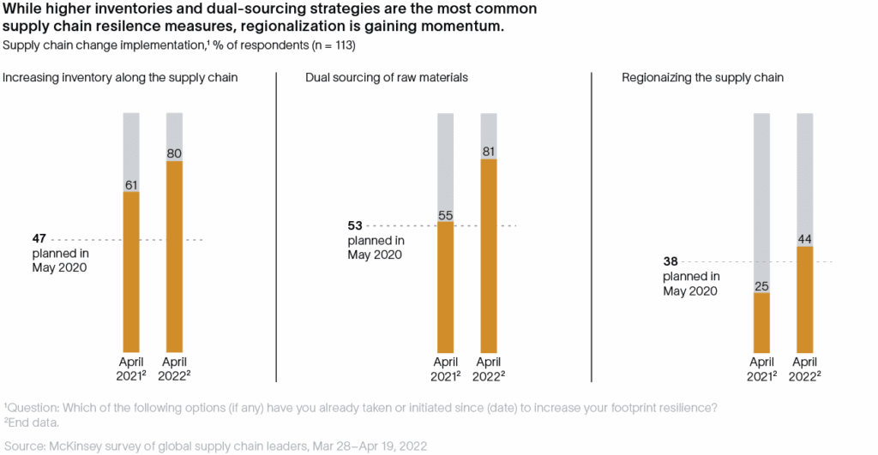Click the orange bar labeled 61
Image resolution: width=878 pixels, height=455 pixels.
(x=131, y=272)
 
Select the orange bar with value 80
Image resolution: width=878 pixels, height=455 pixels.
(x=174, y=257)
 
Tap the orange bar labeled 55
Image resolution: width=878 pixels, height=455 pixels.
(x=446, y=287)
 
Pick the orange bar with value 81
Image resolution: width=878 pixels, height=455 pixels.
(x=489, y=255)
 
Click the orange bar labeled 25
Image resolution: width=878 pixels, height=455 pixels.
(x=761, y=323)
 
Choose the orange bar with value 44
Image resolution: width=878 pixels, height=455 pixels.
(x=804, y=300)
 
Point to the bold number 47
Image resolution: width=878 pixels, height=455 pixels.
(x=39, y=239)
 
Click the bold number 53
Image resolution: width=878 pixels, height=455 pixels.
(x=355, y=225)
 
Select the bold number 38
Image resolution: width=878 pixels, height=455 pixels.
(x=671, y=261)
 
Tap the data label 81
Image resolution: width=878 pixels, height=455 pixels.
(x=489, y=152)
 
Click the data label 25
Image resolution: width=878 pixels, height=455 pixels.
(x=761, y=286)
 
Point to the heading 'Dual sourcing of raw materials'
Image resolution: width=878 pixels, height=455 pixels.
(x=387, y=77)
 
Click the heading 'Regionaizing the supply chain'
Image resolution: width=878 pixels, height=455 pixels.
(x=703, y=77)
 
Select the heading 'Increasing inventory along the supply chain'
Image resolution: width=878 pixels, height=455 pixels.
(x=120, y=77)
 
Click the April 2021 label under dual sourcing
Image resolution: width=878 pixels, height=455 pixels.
(x=446, y=368)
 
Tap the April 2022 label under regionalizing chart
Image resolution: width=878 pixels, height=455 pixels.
(x=804, y=368)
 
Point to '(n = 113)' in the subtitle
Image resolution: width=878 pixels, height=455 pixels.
(x=334, y=45)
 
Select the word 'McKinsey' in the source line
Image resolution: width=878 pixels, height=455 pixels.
(x=73, y=446)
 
